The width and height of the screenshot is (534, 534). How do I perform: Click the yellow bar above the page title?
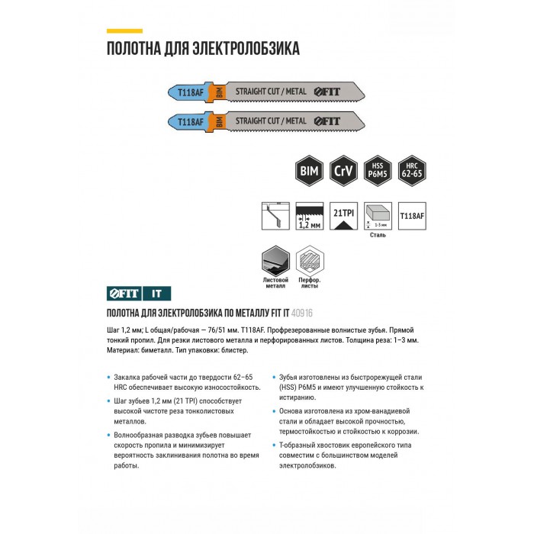(x=124, y=31)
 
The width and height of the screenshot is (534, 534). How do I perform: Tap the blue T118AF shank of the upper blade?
(x=188, y=92)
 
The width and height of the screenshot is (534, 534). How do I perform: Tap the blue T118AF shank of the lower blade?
(x=188, y=121)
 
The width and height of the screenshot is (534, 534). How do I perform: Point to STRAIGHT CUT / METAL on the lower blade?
(x=271, y=121)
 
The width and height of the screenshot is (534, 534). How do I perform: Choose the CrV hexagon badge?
(x=342, y=171)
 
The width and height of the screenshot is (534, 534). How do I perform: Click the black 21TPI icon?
(x=342, y=214)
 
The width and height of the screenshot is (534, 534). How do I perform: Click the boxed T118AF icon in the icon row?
(x=412, y=214)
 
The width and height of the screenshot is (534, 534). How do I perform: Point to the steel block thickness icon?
(x=377, y=214)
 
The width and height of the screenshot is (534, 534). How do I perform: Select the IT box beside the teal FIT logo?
(x=156, y=294)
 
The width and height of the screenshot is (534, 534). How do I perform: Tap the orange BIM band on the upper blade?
(x=219, y=92)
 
